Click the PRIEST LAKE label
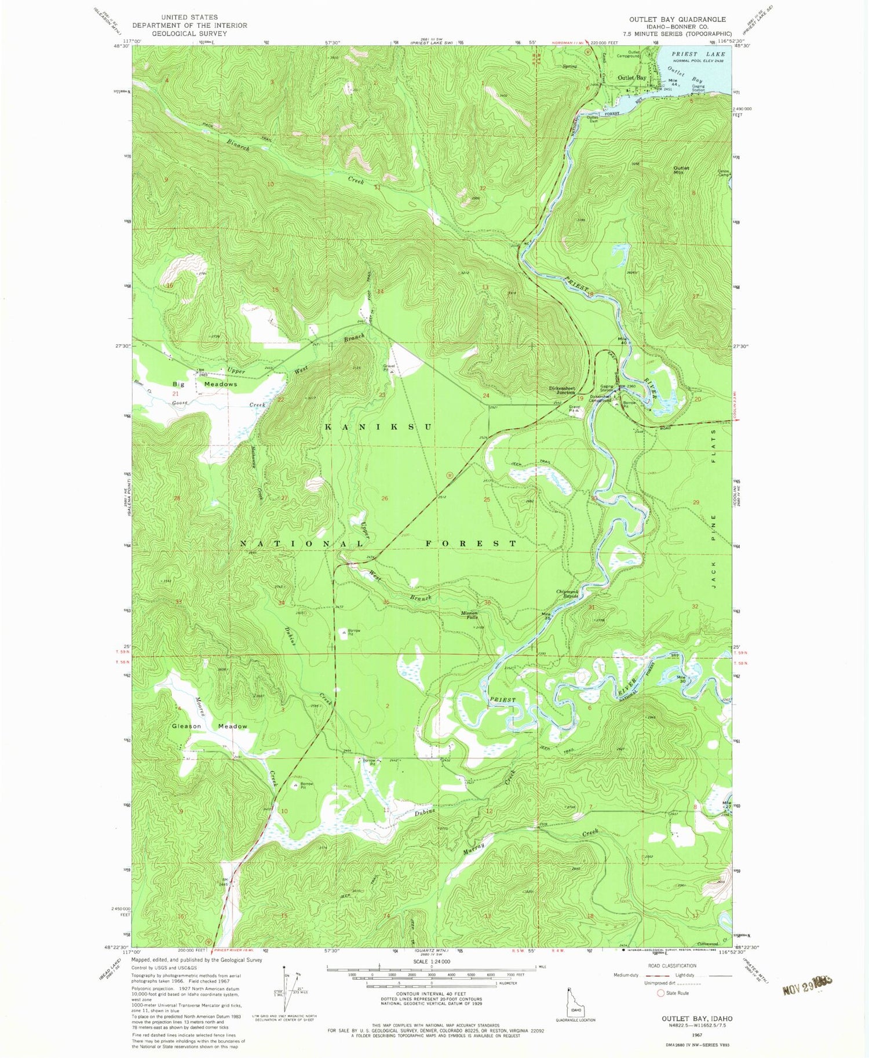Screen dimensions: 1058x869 698,54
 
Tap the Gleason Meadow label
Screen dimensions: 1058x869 209,726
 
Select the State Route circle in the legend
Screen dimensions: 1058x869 660,993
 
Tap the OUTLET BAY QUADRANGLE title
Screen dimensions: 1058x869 677,19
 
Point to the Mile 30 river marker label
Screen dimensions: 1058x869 682,680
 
